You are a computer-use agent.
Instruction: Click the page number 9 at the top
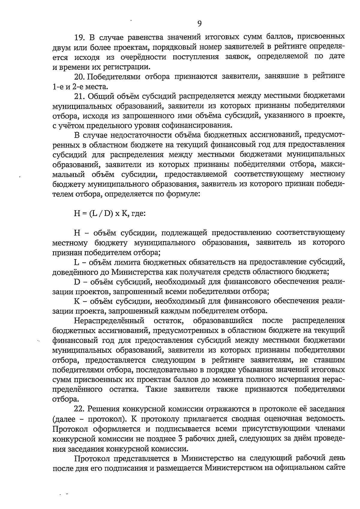click(199, 23)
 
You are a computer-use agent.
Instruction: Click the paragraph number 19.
click(80, 37)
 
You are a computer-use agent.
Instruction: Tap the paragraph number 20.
click(80, 76)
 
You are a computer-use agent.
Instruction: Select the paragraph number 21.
click(80, 96)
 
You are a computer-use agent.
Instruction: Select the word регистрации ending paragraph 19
click(131, 67)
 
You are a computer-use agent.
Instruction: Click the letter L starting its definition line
click(76, 262)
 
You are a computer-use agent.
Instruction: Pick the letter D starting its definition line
click(77, 282)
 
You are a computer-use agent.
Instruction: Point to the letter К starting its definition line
click(76, 301)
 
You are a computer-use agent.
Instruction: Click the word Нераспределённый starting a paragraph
click(109, 321)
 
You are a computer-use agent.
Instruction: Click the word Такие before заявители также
click(157, 390)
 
